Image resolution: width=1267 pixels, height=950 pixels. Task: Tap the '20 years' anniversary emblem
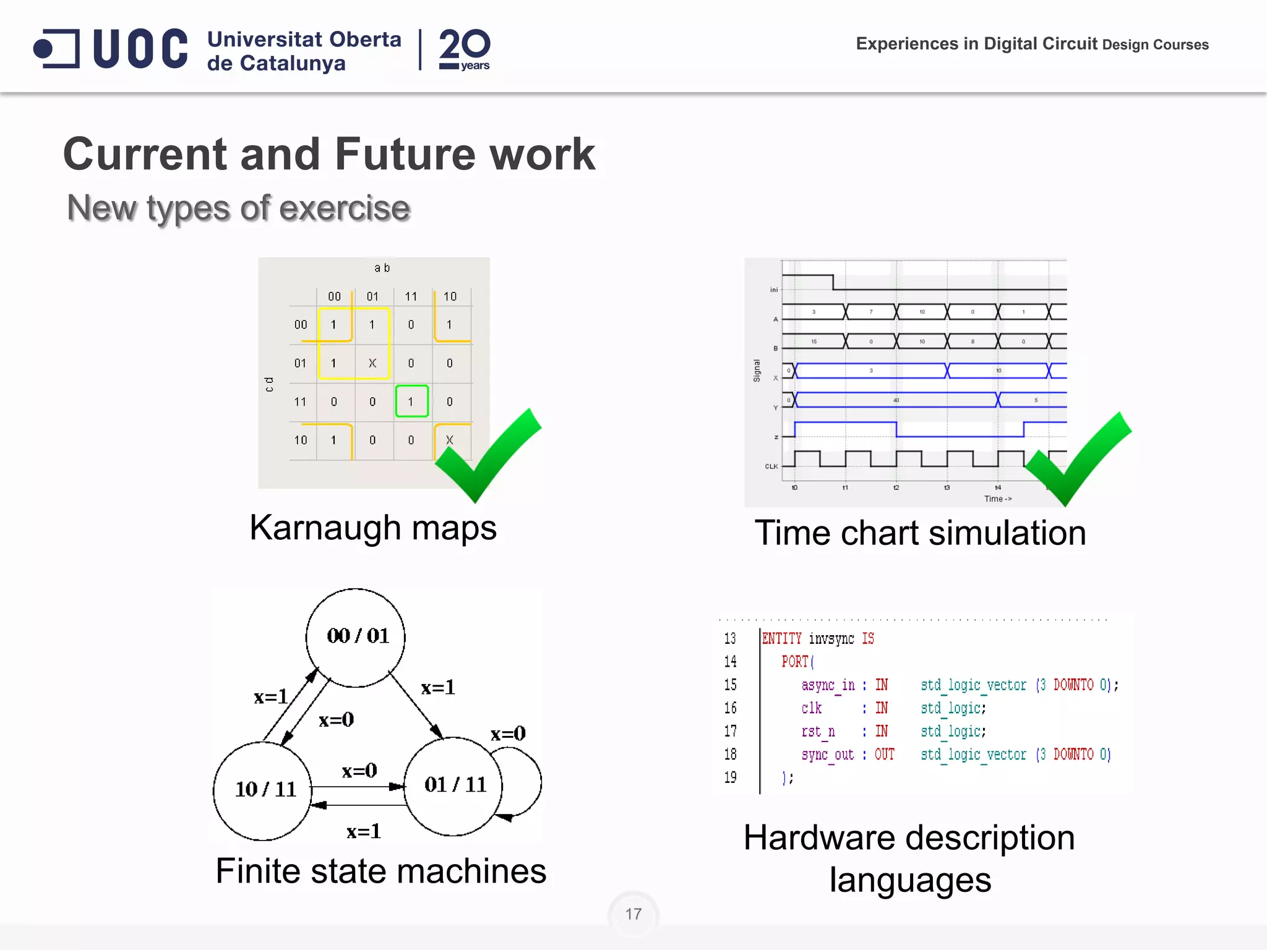(464, 49)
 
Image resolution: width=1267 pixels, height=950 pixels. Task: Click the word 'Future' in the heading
(404, 154)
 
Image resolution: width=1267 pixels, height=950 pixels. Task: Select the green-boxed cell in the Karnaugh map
(411, 401)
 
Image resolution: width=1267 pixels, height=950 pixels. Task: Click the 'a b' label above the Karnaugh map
(382, 268)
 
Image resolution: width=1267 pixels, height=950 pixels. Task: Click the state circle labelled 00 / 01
(356, 637)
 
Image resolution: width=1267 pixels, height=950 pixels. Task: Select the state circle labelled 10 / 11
(263, 790)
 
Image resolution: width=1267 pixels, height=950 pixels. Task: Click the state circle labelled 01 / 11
(453, 785)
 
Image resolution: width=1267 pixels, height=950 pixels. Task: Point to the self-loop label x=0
(508, 734)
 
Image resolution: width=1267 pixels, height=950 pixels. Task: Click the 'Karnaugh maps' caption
(373, 528)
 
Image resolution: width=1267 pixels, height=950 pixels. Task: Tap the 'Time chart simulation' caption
(920, 533)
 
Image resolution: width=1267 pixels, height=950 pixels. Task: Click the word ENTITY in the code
(781, 639)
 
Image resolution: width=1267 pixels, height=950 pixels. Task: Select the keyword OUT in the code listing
(884, 755)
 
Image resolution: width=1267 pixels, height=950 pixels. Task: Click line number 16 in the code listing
(731, 708)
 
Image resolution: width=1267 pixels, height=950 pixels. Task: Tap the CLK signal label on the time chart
(771, 466)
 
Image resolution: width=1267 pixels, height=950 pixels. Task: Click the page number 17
(633, 914)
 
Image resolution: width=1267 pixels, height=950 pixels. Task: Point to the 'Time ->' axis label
(997, 499)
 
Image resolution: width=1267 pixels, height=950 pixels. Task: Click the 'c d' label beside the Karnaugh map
(269, 384)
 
